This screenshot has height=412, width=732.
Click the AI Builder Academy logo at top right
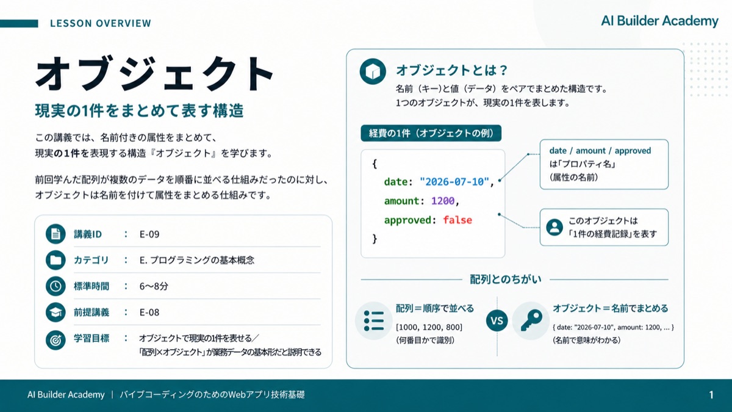[x=659, y=21]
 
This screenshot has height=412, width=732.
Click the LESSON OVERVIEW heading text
[x=101, y=23]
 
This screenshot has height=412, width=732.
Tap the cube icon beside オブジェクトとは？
[x=373, y=71]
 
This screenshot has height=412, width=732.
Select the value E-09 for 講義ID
[x=149, y=234]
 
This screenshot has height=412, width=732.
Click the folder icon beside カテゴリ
[x=56, y=260]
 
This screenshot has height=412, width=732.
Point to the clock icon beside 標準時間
[x=56, y=286]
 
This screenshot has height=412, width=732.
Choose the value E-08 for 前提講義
[x=149, y=313]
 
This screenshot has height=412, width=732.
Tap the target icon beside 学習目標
[x=56, y=340]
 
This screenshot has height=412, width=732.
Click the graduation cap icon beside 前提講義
[x=56, y=313]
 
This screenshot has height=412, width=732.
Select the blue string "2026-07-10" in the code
[x=454, y=181]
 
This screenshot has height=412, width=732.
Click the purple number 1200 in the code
[x=443, y=201]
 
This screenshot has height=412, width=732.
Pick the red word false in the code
[x=457, y=220]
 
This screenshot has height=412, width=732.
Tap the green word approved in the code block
[x=408, y=220]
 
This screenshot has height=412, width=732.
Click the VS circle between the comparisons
[x=497, y=320]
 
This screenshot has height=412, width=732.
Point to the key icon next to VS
[x=531, y=320]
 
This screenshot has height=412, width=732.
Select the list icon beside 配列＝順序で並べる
[x=373, y=320]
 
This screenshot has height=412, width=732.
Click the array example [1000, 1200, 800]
[x=429, y=327]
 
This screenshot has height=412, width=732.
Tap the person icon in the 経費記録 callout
[x=554, y=227]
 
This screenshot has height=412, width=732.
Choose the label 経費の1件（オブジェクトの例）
[x=431, y=133]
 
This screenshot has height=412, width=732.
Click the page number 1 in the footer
[x=711, y=395]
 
